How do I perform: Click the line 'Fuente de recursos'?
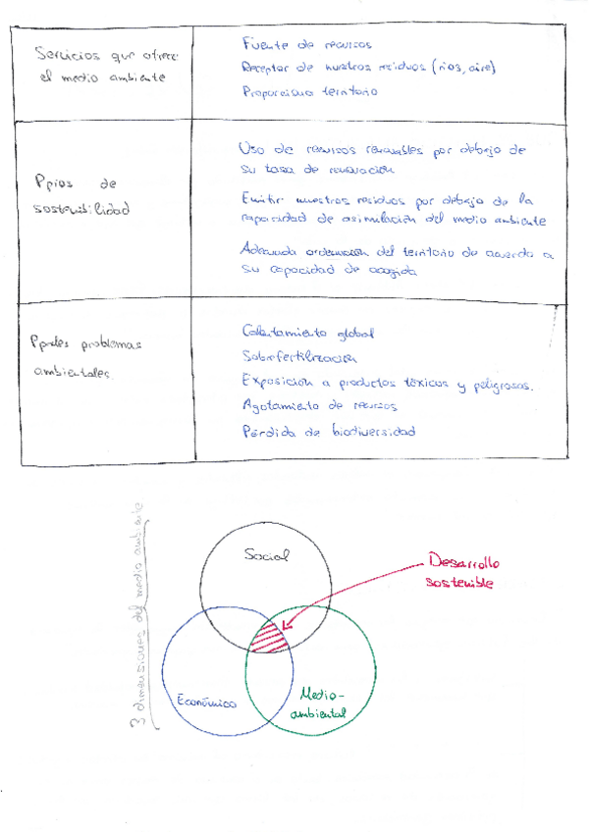[x=306, y=44]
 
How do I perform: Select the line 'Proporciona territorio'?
[x=308, y=91]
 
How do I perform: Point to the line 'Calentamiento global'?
[x=306, y=334]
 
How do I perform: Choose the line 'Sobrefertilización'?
[x=298, y=357]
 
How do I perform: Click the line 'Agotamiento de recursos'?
[x=306, y=404]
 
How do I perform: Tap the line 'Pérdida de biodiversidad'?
[x=328, y=431]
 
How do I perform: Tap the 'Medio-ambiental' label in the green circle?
[x=312, y=702]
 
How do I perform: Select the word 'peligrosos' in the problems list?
[x=500, y=386]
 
